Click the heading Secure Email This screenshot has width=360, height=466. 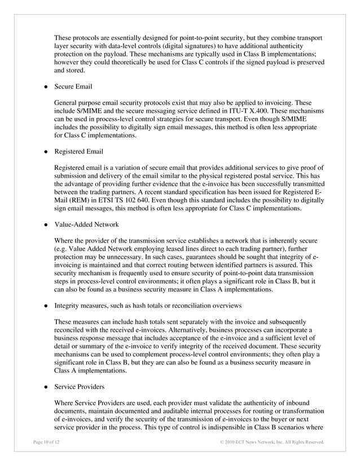73,87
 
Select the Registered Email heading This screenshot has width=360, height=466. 78,151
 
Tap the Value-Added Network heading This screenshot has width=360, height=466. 86,224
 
